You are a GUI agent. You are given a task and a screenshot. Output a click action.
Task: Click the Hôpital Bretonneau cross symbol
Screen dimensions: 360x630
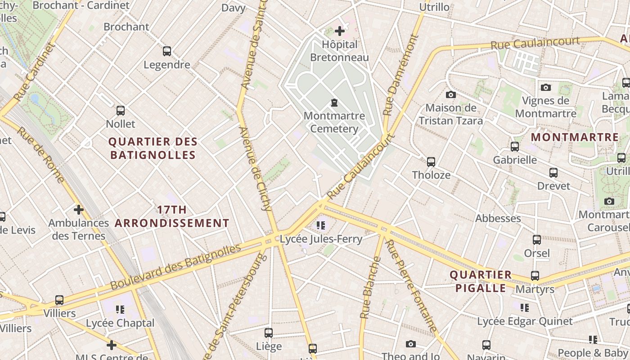[340, 31]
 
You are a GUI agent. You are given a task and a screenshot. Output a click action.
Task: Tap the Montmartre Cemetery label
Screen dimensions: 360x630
[334, 122]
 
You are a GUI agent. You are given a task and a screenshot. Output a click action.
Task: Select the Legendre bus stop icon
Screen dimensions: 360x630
[167, 51]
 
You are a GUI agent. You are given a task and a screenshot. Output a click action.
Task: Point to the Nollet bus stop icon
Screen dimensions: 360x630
[121, 110]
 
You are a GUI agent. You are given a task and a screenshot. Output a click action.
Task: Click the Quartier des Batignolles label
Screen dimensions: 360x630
[153, 148]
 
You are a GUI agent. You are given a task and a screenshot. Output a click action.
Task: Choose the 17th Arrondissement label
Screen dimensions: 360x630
[172, 216]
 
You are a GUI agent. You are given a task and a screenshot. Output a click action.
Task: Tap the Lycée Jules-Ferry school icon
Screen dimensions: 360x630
[321, 225]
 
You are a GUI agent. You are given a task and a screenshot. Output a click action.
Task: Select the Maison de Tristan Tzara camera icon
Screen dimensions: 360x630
[450, 94]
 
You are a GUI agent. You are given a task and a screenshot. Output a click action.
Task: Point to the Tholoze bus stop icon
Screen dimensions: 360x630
[431, 162]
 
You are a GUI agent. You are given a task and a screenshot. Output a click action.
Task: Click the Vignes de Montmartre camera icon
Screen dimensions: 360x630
[546, 87]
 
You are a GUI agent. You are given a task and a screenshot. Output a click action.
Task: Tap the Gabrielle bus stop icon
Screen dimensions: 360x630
[515, 146]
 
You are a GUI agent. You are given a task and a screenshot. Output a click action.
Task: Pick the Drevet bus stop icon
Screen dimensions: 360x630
[553, 172]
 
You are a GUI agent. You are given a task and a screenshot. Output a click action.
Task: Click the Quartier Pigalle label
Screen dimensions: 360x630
[481, 281]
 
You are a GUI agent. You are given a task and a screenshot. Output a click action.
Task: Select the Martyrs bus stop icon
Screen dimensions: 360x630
[535, 276]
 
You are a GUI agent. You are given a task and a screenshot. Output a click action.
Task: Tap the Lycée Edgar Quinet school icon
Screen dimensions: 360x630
[525, 308]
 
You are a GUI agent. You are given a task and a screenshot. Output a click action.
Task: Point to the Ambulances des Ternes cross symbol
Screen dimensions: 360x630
[79, 210]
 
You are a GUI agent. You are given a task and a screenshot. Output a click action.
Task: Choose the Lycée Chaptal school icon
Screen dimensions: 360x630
[120, 310]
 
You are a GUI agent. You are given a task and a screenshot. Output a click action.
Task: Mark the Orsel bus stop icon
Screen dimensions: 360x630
[537, 240]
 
